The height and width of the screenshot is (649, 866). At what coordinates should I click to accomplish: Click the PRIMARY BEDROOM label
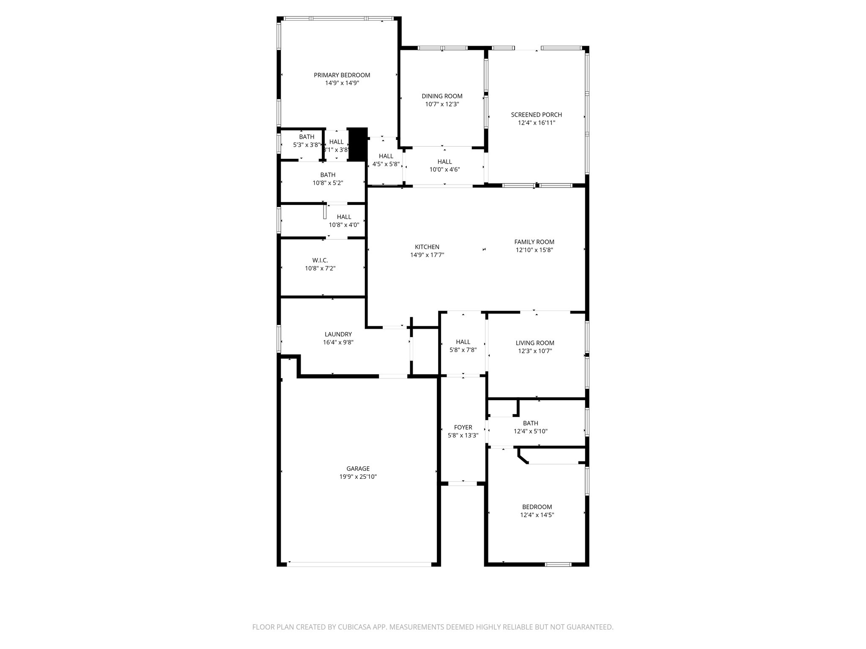point(342,75)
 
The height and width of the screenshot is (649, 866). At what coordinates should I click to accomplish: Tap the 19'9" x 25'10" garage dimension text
point(358,477)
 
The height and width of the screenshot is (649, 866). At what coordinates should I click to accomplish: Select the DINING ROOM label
point(442,96)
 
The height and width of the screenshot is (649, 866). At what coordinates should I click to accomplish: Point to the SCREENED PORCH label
point(536,115)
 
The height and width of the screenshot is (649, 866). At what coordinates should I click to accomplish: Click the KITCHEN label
point(427,247)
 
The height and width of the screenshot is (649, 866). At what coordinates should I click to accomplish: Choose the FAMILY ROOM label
point(534,242)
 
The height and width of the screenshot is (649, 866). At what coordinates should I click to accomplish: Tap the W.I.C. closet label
point(320,260)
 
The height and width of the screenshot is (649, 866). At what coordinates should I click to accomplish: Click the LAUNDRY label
point(338,334)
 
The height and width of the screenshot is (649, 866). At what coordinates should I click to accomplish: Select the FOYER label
point(463,427)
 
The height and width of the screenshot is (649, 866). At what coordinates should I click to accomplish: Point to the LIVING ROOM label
point(535,343)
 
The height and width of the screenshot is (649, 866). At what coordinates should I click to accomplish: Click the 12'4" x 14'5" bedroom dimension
point(537,515)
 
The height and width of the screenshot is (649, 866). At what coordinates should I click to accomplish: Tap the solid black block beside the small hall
point(358,144)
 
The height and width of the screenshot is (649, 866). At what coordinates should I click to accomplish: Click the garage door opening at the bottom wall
point(359,564)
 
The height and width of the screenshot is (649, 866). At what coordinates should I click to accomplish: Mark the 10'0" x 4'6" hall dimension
point(444,169)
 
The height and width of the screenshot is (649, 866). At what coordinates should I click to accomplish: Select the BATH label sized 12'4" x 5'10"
point(530,423)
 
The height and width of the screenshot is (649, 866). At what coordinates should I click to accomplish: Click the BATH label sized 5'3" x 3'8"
point(307,137)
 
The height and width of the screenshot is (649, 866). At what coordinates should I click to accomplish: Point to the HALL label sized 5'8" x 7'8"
point(463,342)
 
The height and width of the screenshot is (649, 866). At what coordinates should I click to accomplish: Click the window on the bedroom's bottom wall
point(558,564)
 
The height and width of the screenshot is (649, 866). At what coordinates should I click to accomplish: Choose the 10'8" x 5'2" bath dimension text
point(328,183)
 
